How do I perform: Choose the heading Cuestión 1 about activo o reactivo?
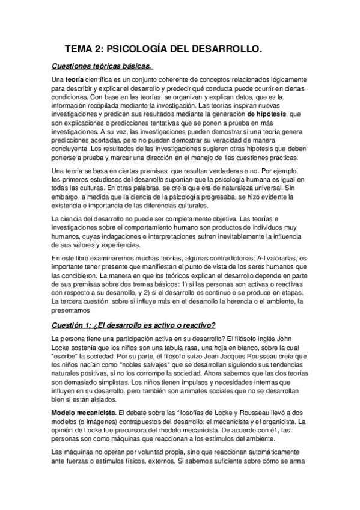pos(133,326)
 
